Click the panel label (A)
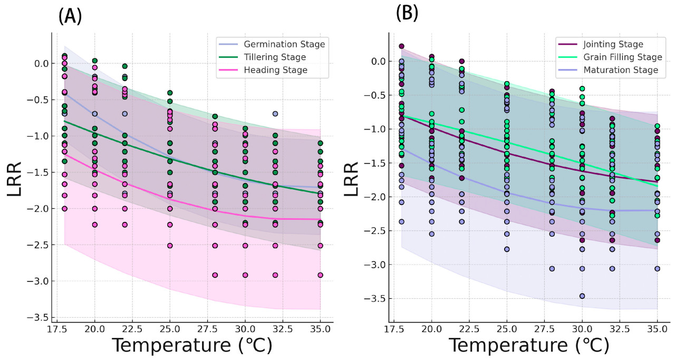[70, 17]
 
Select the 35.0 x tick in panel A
[320, 334]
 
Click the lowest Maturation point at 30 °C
[582, 296]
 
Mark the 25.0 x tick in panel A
[170, 334]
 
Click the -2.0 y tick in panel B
[375, 197]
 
